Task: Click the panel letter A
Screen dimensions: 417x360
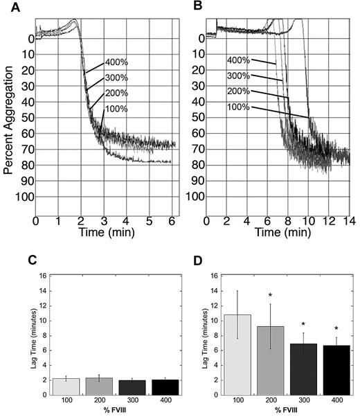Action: coord(6,7)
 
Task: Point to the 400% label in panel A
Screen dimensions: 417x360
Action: coord(116,62)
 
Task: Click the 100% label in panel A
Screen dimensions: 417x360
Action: coord(116,109)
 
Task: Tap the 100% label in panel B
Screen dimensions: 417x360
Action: coord(239,107)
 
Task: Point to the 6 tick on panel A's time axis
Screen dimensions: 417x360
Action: coord(171,222)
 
